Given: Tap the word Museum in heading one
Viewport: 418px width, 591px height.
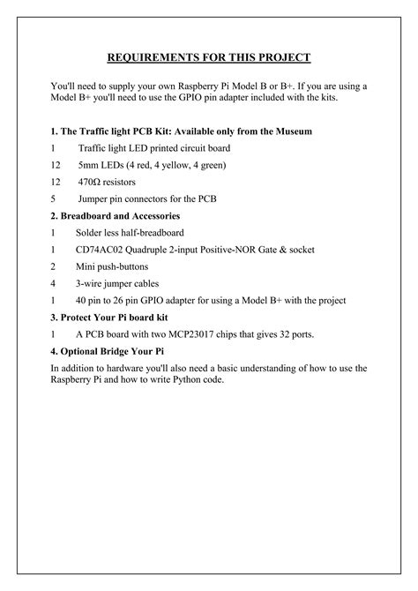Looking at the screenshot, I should pos(291,131).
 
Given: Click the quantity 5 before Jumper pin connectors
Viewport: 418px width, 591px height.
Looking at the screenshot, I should pos(54,199).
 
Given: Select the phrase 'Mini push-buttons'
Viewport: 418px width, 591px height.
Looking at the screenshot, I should pos(112,266).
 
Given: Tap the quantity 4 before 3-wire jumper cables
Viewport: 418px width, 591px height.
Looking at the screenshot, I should pos(54,284).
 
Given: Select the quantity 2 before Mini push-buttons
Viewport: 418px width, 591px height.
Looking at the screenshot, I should pos(54,266).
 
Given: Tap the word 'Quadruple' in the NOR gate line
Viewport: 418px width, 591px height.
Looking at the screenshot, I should pos(159,250).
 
